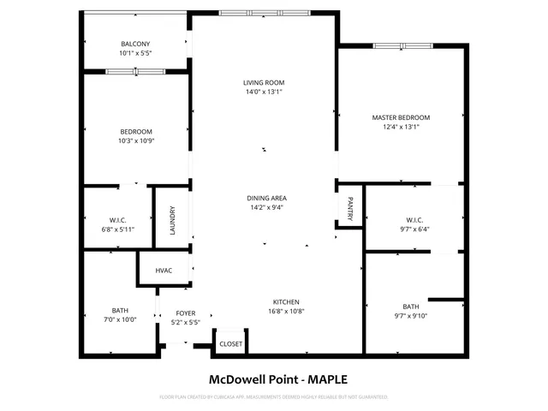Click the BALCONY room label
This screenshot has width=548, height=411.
pos(135,45)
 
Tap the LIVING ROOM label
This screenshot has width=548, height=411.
pos(263,82)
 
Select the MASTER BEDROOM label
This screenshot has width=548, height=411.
pos(401,117)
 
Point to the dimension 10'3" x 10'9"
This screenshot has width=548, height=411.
pos(137,141)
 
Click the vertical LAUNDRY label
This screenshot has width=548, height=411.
pos(172,220)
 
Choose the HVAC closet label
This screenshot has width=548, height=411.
pos(164,271)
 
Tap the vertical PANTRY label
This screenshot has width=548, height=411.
pos(350,207)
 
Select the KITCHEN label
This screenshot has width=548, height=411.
pos(285,302)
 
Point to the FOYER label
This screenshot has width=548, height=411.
pos(186,313)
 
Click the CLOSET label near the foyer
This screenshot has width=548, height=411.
pos(230,344)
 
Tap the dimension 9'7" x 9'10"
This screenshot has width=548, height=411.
pos(411,316)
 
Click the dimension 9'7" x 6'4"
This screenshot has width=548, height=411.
pos(415,229)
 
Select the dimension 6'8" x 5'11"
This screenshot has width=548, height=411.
pos(117,229)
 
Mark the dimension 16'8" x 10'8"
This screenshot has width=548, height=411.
pos(285,312)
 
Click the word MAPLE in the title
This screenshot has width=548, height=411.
pos(328,379)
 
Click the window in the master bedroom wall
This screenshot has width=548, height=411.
pos(396,45)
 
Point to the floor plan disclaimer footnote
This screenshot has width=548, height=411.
pos(274,397)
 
